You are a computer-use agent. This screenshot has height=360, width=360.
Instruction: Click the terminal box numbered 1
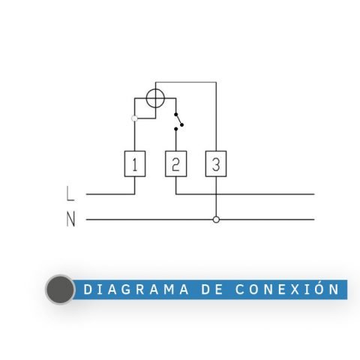[x=135, y=163]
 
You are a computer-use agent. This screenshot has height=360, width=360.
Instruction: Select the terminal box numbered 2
[x=175, y=163]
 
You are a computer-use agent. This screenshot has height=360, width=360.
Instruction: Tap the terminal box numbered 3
[x=216, y=163]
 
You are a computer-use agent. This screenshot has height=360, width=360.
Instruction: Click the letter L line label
[x=70, y=193]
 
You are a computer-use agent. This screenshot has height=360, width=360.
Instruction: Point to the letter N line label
[x=70, y=219]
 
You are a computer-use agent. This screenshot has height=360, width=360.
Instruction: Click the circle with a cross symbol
[x=155, y=98]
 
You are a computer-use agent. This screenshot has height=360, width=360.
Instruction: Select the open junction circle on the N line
[x=216, y=220]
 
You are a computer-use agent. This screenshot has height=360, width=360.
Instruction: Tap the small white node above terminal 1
[x=134, y=118]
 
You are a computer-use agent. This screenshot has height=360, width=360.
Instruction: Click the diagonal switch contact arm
[x=178, y=119]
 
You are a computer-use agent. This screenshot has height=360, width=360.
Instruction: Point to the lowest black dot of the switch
[x=176, y=129]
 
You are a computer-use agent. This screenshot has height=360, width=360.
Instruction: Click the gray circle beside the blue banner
[x=60, y=289]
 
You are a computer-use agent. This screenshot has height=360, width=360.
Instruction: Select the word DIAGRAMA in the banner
[x=136, y=289]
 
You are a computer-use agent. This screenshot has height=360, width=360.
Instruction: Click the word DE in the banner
[x=212, y=289]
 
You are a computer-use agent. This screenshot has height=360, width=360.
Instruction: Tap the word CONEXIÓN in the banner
[x=287, y=289]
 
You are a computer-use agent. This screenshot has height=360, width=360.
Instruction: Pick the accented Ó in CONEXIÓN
[x=319, y=288]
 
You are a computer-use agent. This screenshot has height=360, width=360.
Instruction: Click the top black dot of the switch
[x=176, y=114]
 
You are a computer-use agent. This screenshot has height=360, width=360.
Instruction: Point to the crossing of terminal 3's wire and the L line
[x=216, y=194]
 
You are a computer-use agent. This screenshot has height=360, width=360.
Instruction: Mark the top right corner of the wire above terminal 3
[x=216, y=82]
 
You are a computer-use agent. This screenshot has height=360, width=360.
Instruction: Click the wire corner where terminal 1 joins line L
[x=135, y=194]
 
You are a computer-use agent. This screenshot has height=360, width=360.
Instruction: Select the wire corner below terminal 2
[x=176, y=194]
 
